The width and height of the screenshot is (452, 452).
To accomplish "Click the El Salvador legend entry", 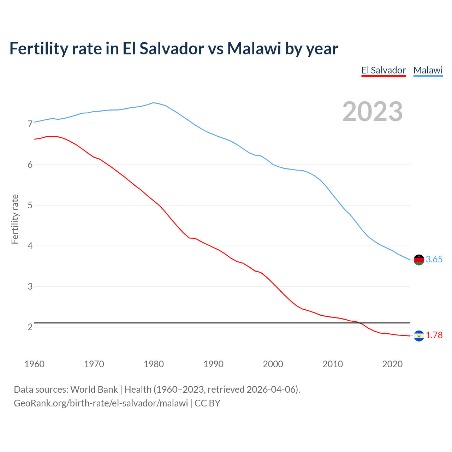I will (x=383, y=70).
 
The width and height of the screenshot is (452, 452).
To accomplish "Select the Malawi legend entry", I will (x=428, y=70).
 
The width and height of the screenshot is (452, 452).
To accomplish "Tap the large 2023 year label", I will (x=373, y=112).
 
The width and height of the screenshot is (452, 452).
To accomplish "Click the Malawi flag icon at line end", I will (x=418, y=260).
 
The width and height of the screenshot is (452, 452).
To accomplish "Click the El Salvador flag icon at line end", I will (x=418, y=335).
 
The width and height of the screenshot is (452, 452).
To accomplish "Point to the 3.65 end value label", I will (x=434, y=260).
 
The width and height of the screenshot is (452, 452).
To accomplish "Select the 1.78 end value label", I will (x=434, y=335).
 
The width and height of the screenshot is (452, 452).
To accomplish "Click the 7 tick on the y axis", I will (x=30, y=124).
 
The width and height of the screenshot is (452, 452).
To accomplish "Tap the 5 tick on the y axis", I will (x=30, y=205).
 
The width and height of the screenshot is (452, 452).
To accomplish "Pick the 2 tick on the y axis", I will (x=30, y=327).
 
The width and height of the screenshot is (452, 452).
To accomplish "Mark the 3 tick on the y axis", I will (x=30, y=286).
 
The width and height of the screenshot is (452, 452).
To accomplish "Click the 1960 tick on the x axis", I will (x=34, y=364).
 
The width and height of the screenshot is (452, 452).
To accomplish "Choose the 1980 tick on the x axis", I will (x=154, y=364).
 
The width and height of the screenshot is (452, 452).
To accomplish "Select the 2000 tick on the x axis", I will (x=273, y=364).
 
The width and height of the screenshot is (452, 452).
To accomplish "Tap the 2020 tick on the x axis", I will (x=392, y=364).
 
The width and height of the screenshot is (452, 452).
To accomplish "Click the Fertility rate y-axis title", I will (x=15, y=219).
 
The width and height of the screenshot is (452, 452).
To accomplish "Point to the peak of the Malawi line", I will (x=153, y=103).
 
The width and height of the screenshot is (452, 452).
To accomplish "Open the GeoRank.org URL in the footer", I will (x=101, y=403).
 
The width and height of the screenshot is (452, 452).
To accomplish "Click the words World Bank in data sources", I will (x=94, y=389).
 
